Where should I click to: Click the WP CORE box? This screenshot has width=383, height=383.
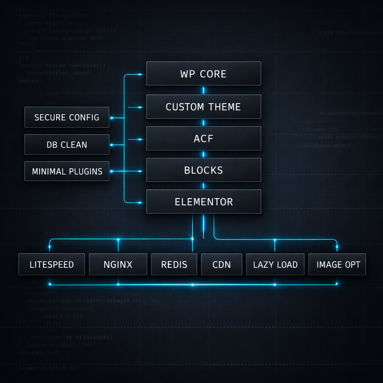203,74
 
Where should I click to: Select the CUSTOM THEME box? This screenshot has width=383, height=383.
203,107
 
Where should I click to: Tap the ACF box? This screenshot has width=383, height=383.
203,138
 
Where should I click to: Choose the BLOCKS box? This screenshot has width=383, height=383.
203,170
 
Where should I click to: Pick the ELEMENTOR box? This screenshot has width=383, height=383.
203,202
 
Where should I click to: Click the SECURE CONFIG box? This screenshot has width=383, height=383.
67,117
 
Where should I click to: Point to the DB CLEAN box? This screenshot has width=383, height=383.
67,145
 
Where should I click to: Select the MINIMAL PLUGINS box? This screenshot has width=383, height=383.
67,171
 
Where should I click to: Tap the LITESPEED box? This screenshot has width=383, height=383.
52,264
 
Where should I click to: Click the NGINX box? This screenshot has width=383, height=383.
118,264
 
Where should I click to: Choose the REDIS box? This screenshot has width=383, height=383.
174,264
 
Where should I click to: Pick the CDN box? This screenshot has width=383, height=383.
221,264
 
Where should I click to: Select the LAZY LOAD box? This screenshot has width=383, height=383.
275,264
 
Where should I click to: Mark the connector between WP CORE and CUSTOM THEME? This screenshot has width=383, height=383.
203,90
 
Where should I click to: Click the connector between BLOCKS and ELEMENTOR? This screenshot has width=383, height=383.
203,186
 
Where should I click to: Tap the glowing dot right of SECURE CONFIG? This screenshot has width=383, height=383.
111,118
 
